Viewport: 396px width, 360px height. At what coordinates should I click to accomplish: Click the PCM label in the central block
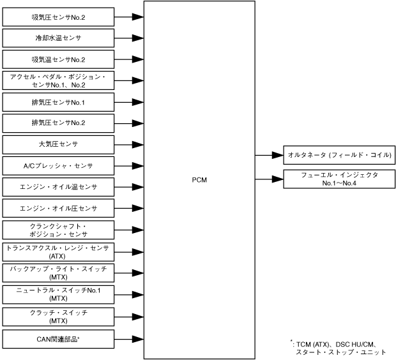199,181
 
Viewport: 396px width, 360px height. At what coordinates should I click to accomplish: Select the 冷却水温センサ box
58,38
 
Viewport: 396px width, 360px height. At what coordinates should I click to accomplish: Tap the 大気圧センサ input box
58,144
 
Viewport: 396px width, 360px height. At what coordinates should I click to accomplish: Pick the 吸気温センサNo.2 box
58,59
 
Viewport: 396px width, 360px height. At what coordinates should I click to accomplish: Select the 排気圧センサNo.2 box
58,123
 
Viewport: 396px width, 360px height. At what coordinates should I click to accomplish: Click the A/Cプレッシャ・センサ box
58,166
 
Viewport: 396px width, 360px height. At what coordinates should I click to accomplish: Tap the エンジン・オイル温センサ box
58,187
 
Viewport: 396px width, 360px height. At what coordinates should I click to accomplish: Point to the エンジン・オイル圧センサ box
58,209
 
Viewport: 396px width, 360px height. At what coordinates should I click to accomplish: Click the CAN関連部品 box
58,338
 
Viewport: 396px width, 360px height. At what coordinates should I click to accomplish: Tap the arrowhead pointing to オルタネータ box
277,155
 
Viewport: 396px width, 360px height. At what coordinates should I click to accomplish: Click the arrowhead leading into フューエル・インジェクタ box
277,179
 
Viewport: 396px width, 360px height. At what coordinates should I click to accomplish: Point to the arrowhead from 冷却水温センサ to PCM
138,38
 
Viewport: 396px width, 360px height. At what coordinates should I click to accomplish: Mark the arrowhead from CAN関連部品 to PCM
138,338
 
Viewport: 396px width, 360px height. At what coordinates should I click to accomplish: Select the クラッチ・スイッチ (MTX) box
58,317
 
